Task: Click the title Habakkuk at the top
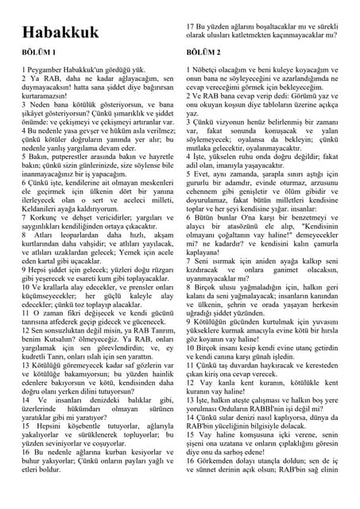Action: point(60,33)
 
